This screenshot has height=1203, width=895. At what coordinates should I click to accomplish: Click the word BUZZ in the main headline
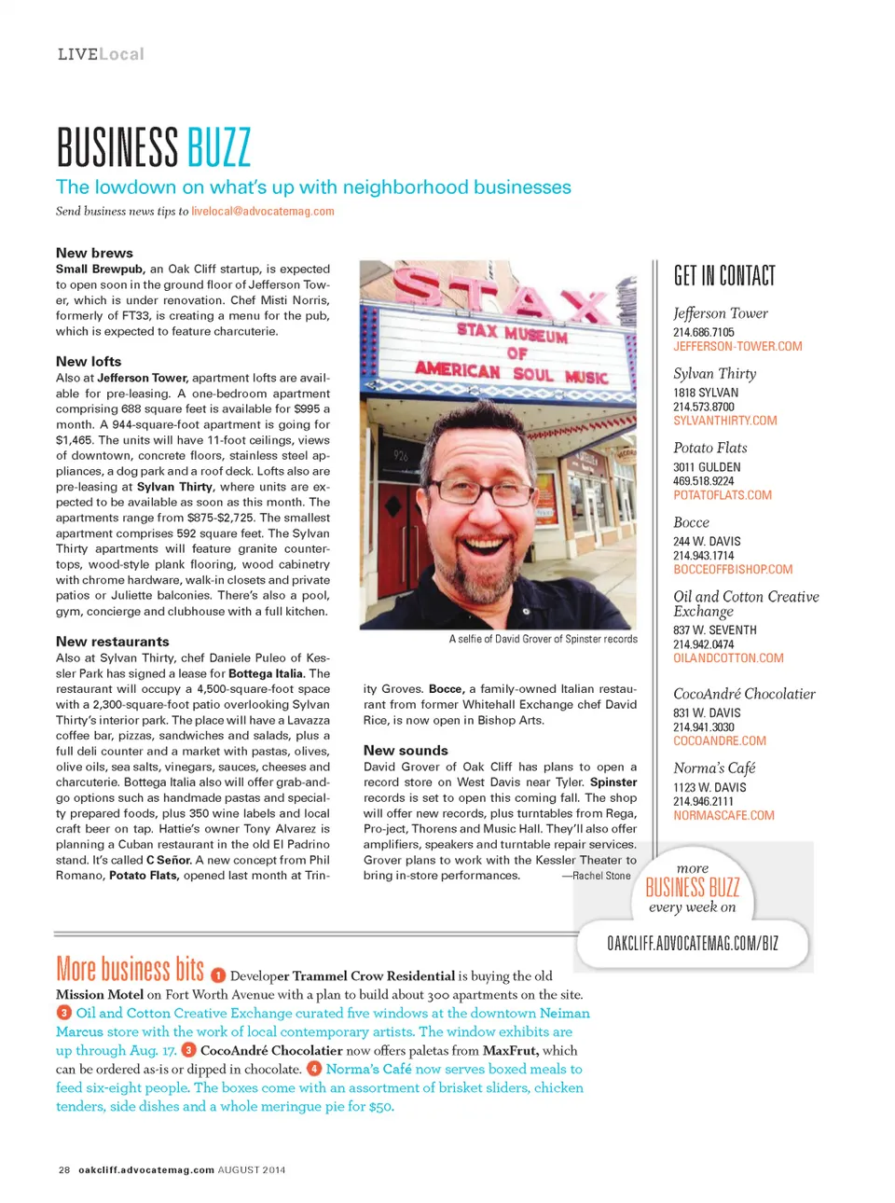click(219, 147)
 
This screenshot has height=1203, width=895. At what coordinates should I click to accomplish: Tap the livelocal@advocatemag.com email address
click(263, 212)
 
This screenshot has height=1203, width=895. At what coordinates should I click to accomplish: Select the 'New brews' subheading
click(94, 253)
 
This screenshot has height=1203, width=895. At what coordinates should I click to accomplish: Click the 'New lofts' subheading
click(89, 362)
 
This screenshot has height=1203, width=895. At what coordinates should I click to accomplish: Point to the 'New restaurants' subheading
click(113, 642)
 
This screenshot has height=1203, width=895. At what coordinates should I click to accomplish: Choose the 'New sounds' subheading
click(406, 751)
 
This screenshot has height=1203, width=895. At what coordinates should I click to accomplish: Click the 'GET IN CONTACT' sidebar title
click(724, 276)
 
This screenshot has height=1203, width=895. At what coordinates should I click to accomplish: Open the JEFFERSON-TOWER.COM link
click(737, 347)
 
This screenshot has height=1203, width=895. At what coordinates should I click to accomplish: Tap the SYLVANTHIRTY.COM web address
click(725, 421)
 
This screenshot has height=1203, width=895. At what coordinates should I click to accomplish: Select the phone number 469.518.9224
click(704, 481)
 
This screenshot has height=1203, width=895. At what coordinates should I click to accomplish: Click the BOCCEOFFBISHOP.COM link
click(733, 570)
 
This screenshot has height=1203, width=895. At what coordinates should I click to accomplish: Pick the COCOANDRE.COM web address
click(720, 741)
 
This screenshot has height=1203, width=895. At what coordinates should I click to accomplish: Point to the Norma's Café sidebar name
click(714, 768)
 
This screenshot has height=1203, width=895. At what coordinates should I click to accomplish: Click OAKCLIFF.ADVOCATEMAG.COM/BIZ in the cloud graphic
click(693, 943)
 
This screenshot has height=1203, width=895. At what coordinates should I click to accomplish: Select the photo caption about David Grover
click(544, 640)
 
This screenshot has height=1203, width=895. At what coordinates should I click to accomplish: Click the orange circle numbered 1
click(217, 975)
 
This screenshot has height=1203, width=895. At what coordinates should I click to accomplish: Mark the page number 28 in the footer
click(64, 1169)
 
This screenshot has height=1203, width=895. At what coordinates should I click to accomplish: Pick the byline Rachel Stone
click(601, 876)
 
